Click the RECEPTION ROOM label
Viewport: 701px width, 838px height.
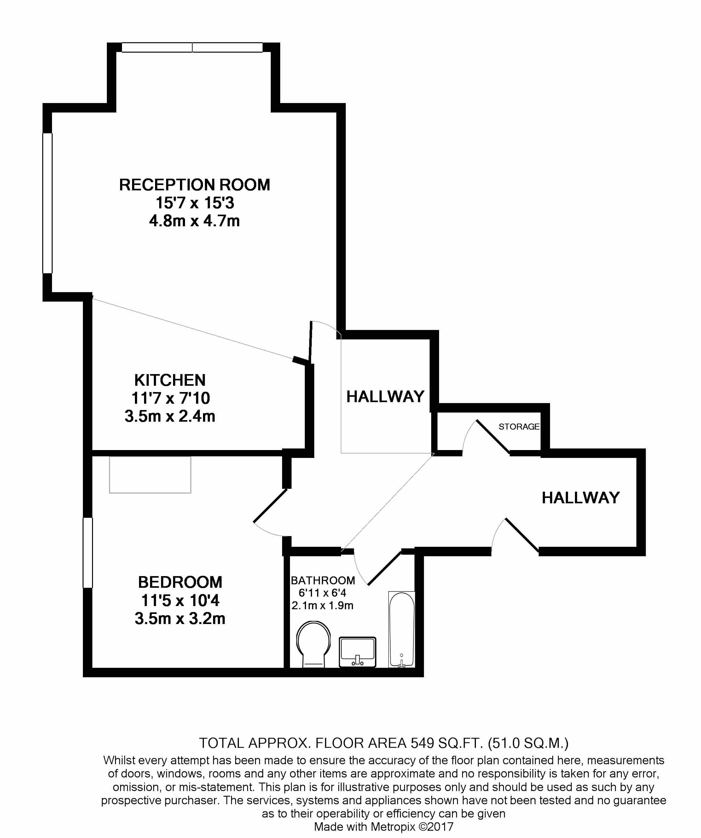pos(194,185)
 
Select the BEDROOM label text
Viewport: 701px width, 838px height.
pos(180,582)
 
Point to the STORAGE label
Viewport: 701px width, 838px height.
pos(519,427)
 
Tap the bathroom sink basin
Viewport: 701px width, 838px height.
pos(357,652)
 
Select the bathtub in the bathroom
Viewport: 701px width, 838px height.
pos(402,629)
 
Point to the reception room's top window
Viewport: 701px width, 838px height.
pos(192,48)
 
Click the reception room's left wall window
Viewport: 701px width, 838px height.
pos(48,203)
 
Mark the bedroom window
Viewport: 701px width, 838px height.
pos(88,553)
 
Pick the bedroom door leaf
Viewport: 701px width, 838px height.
pos(270,505)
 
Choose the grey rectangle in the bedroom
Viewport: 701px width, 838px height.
pos(150,475)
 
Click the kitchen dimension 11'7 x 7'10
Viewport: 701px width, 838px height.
pos(171,398)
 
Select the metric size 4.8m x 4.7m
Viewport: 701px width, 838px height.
pos(194,221)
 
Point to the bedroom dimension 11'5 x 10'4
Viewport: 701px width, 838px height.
pos(180,600)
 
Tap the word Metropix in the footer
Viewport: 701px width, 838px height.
pos(393,826)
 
